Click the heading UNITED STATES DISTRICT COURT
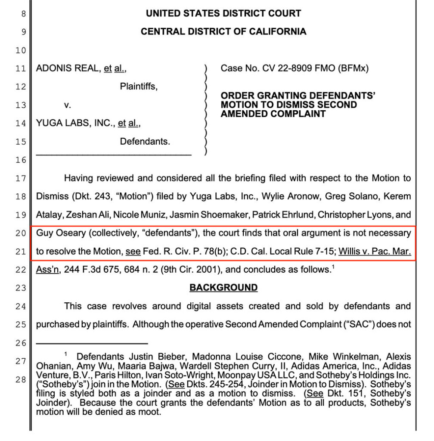click(x=223, y=13)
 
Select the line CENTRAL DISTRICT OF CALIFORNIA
click(x=223, y=32)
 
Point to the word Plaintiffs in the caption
click(x=138, y=87)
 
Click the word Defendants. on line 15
click(x=145, y=141)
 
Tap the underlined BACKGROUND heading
click(x=223, y=288)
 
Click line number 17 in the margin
click(x=20, y=178)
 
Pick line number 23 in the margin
click(x=20, y=288)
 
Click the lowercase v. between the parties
click(x=68, y=105)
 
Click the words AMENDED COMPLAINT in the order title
click(x=273, y=114)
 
